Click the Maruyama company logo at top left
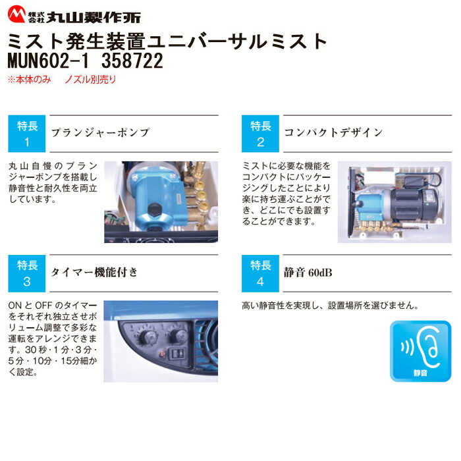tap(72, 14)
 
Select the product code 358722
tap(128, 61)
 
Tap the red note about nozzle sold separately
tap(61, 79)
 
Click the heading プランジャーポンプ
tap(100, 133)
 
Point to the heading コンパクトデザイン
tap(333, 133)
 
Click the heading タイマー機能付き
tap(95, 272)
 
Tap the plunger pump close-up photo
tap(161, 201)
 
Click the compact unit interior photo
tap(395, 201)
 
